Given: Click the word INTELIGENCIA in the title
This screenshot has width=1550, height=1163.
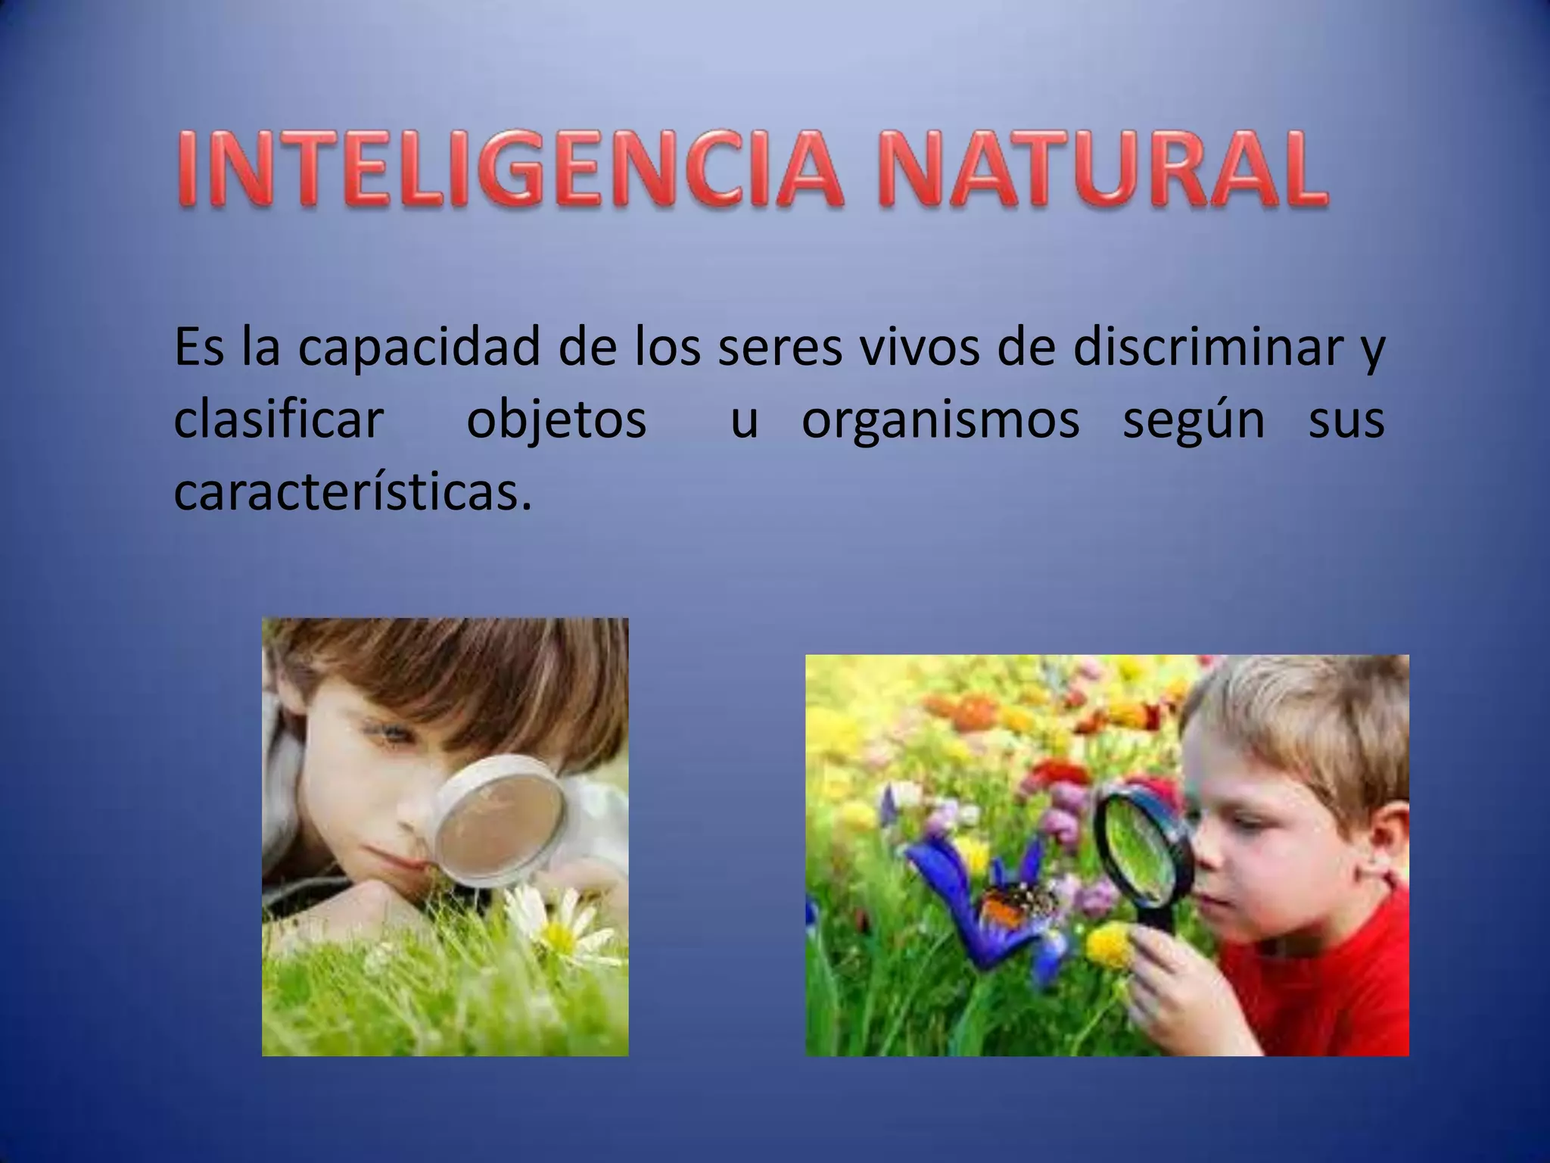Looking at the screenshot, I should point(509,170).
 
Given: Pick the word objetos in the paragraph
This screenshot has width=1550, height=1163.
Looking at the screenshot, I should point(556,422).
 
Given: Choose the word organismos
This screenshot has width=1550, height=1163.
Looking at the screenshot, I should point(940,422).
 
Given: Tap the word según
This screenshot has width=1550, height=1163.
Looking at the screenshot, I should point(1194,422).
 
